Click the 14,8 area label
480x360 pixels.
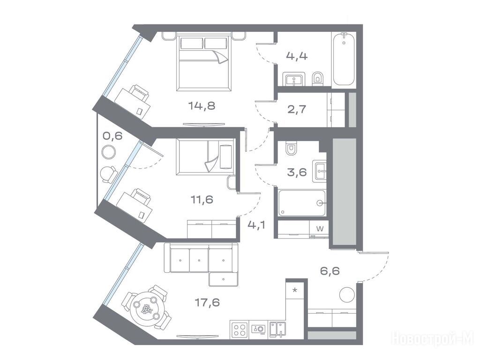tap(202, 106)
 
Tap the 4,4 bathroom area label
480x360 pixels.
tap(297, 56)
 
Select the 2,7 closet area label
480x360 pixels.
tap(297, 109)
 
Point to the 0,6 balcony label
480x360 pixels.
tap(112, 135)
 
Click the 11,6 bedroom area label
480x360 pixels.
tap(202, 200)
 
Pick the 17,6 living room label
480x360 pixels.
tap(207, 302)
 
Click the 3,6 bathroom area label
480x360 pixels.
tap(297, 172)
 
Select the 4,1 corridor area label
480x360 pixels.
tap(256, 225)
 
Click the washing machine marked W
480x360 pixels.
tap(319, 230)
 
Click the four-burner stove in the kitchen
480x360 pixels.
tap(240, 330)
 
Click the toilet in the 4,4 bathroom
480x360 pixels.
tap(317, 78)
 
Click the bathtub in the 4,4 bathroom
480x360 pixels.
tap(344, 60)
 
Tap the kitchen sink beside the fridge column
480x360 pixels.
tap(277, 330)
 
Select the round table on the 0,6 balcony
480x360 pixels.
tap(108, 152)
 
